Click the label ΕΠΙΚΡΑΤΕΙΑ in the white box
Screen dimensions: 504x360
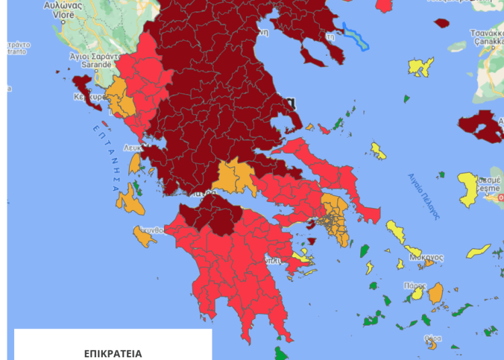coord(113,353)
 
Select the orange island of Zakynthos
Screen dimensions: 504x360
coord(143,236)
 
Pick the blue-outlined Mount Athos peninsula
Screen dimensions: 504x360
coord(355,36)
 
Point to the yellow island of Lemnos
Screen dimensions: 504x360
coord(421,67)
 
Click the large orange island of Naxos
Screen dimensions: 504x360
coord(435,293)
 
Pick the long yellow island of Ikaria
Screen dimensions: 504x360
coord(478,251)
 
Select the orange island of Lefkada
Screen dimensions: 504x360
coord(134,164)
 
